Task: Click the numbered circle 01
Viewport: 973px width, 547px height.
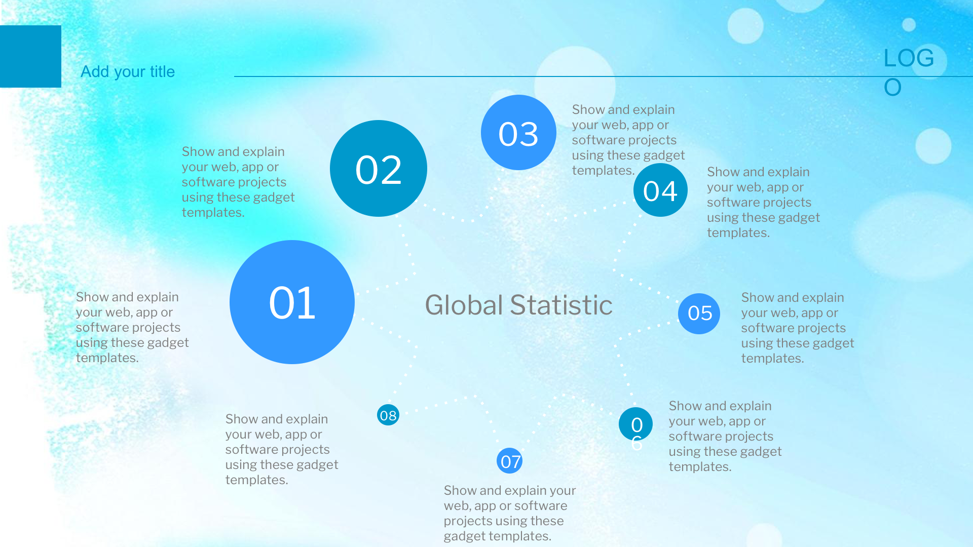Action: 292,302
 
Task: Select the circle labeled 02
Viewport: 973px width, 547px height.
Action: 379,169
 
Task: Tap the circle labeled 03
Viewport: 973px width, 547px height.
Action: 518,133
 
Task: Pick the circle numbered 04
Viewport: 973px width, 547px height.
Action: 660,190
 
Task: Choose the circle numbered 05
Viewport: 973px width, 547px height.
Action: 699,314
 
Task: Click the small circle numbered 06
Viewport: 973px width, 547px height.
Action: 635,424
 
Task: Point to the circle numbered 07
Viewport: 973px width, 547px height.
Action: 510,461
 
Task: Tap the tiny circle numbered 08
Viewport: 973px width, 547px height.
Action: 388,415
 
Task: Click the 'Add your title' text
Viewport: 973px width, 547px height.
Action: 128,72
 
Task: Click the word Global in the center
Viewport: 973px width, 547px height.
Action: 464,305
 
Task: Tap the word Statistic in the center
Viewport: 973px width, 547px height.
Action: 561,305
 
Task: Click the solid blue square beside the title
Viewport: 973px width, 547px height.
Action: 30,56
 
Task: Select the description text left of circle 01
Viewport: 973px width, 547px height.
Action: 132,327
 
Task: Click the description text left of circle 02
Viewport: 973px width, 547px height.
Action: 238,182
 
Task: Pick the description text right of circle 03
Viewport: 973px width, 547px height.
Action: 628,140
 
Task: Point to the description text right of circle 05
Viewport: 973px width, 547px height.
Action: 798,328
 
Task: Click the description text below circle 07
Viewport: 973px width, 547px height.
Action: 510,513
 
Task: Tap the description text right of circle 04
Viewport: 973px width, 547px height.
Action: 763,202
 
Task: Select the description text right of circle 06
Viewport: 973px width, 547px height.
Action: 725,436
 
